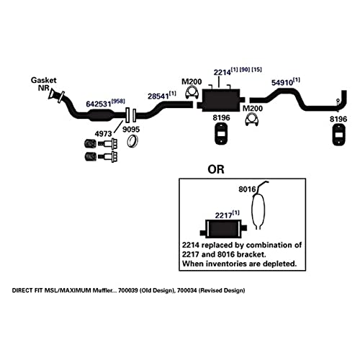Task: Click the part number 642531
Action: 99,104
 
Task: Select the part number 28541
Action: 158,96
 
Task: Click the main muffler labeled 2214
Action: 221,100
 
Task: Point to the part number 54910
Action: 282,83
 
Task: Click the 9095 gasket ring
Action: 132,142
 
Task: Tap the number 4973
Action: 104,134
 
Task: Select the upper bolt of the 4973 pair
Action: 101,144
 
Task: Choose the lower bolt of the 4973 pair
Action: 101,156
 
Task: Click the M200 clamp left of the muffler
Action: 192,94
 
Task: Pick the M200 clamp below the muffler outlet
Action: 252,120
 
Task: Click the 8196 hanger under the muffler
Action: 221,134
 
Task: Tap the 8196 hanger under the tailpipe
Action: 338,135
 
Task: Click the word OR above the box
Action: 216,169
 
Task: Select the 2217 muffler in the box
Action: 223,228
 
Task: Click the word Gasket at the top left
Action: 43,80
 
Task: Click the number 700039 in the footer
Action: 128,290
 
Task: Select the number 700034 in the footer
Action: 187,290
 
